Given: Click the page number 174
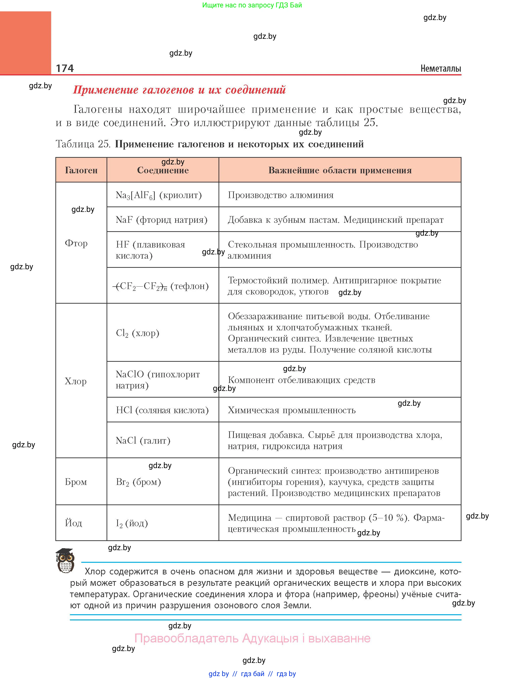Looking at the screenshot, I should click(65, 68).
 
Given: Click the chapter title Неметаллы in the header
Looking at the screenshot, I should click(440, 68).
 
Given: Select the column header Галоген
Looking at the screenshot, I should click(81, 170).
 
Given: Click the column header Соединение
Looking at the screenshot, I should click(163, 170).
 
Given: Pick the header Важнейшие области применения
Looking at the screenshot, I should click(340, 170).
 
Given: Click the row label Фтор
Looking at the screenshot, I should click(76, 243).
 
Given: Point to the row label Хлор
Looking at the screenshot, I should click(75, 381).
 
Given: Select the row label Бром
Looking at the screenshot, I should click(76, 482).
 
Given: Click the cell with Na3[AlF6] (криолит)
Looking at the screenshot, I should click(159, 195).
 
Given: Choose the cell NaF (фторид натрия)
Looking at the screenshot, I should click(161, 220).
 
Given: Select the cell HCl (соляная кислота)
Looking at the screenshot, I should click(162, 410).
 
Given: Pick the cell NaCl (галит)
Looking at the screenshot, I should click(143, 441).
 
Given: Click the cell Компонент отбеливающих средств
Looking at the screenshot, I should click(301, 380).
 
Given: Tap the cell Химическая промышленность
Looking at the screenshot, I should click(292, 410).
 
